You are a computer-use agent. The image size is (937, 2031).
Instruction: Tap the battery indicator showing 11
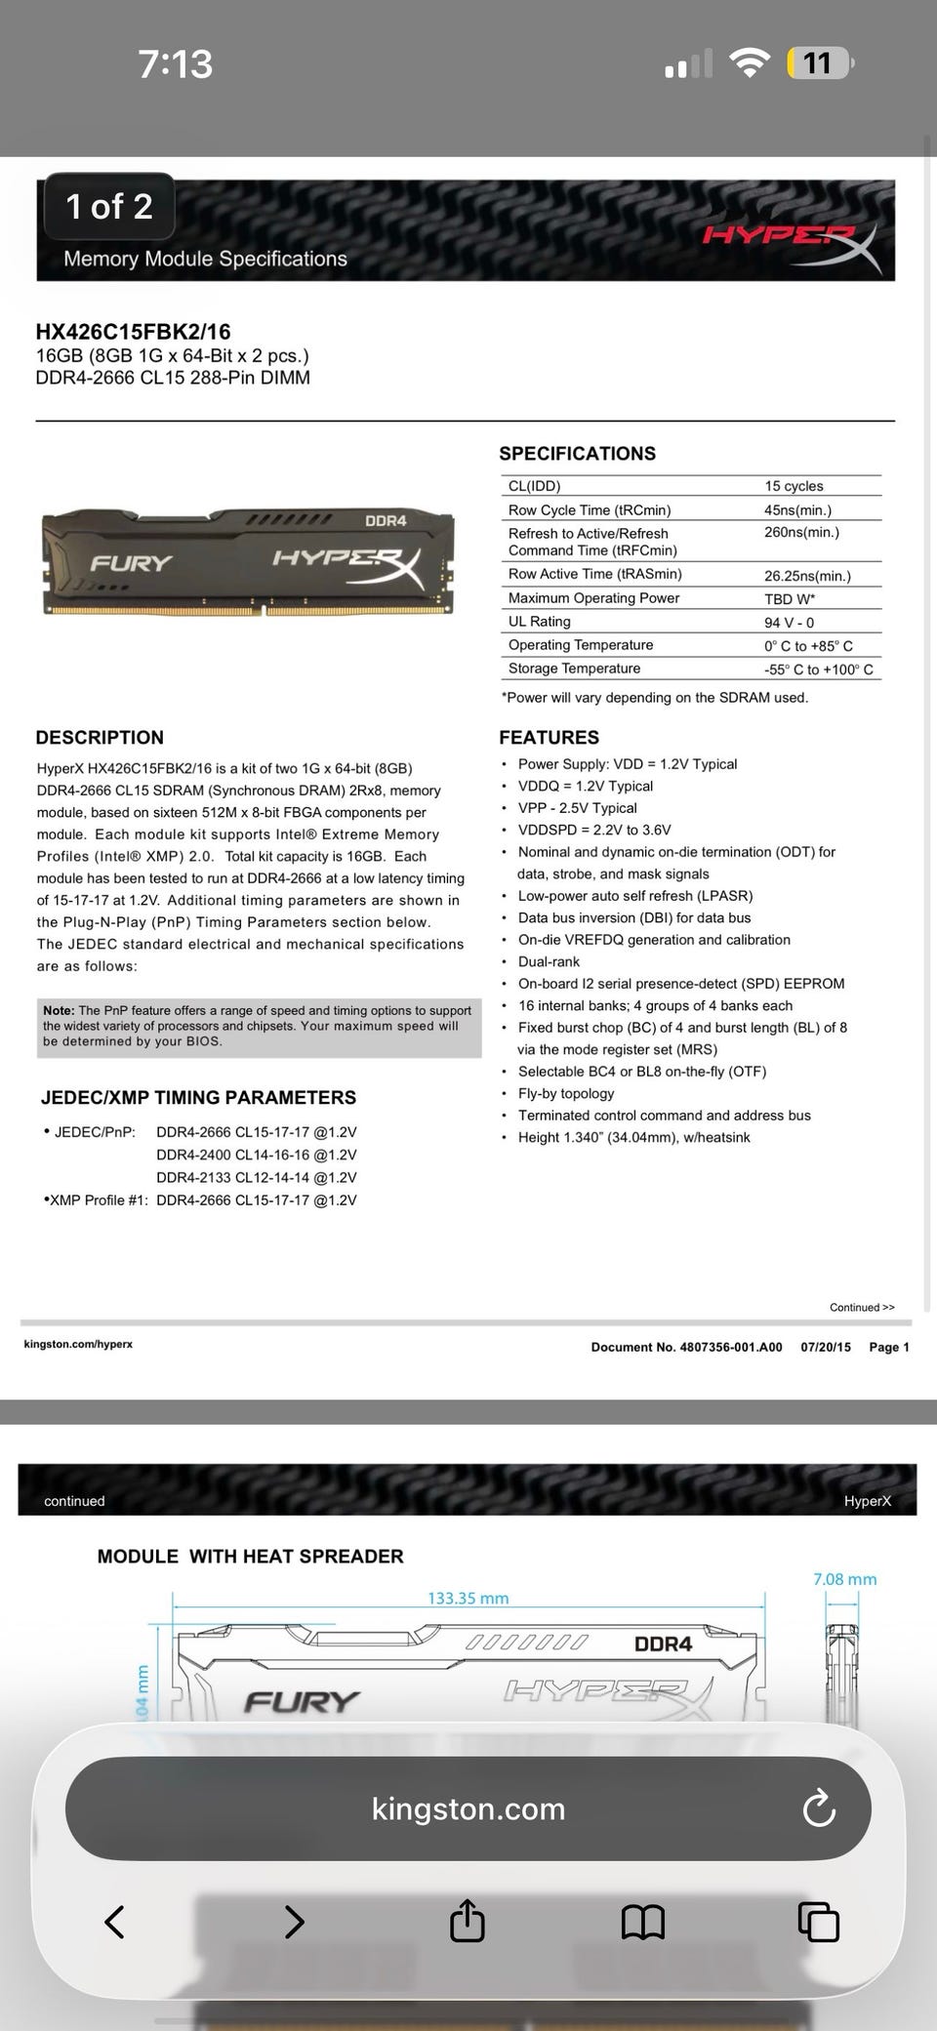point(819,63)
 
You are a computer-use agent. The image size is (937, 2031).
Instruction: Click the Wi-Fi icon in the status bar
point(750,63)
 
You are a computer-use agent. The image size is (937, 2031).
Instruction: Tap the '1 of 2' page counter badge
point(108,206)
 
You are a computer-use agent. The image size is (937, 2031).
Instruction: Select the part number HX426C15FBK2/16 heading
point(133,332)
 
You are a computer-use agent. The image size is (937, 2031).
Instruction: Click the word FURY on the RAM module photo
point(131,563)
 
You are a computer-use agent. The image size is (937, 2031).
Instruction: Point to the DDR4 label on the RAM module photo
point(386,520)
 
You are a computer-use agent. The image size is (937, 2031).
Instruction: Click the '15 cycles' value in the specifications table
point(794,486)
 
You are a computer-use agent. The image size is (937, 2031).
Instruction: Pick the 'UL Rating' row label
point(539,622)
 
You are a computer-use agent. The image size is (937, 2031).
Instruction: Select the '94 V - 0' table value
point(789,623)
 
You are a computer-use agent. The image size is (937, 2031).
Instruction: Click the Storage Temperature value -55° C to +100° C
point(818,670)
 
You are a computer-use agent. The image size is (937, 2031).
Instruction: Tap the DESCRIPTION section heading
point(100,738)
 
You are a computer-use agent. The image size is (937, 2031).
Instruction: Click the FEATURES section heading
point(549,738)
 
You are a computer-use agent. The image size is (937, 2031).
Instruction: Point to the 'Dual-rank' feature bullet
point(549,961)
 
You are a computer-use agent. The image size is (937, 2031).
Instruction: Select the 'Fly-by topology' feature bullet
point(566,1093)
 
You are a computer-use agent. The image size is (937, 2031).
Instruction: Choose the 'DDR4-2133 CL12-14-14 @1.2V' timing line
point(256,1177)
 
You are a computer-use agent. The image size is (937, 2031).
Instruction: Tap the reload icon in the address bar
point(818,1808)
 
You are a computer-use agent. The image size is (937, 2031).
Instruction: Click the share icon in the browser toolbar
point(468,1921)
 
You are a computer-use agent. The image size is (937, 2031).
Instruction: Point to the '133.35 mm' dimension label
point(468,1598)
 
